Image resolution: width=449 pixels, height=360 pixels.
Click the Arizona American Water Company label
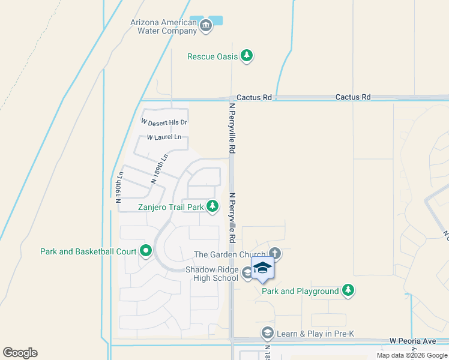pyautogui.click(x=163, y=26)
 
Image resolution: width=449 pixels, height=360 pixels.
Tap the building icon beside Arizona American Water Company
pyautogui.click(x=206, y=25)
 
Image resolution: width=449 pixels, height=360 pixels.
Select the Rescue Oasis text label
pyautogui.click(x=212, y=56)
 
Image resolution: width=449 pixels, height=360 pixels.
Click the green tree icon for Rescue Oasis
pyautogui.click(x=246, y=56)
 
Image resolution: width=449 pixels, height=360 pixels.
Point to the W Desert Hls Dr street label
pyautogui.click(x=164, y=122)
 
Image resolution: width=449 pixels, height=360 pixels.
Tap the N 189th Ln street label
pyautogui.click(x=159, y=169)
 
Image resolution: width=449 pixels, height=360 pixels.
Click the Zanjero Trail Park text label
pyautogui.click(x=171, y=207)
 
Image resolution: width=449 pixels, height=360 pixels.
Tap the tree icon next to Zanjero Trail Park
pyautogui.click(x=212, y=206)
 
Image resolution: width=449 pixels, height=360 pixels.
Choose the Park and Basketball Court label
pyautogui.click(x=88, y=251)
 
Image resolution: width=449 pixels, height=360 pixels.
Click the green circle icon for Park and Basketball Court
pyautogui.click(x=145, y=251)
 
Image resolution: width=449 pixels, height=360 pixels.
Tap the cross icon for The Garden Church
pyautogui.click(x=275, y=254)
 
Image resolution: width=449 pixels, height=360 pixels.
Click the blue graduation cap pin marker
pyautogui.click(x=262, y=268)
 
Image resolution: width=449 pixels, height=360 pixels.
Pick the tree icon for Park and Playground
pyautogui.click(x=348, y=291)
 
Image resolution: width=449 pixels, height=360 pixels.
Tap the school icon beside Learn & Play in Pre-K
pyautogui.click(x=268, y=332)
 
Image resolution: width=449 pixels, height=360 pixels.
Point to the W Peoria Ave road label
pyautogui.click(x=412, y=341)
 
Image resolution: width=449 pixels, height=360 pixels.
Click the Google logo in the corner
pyautogui.click(x=20, y=353)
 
